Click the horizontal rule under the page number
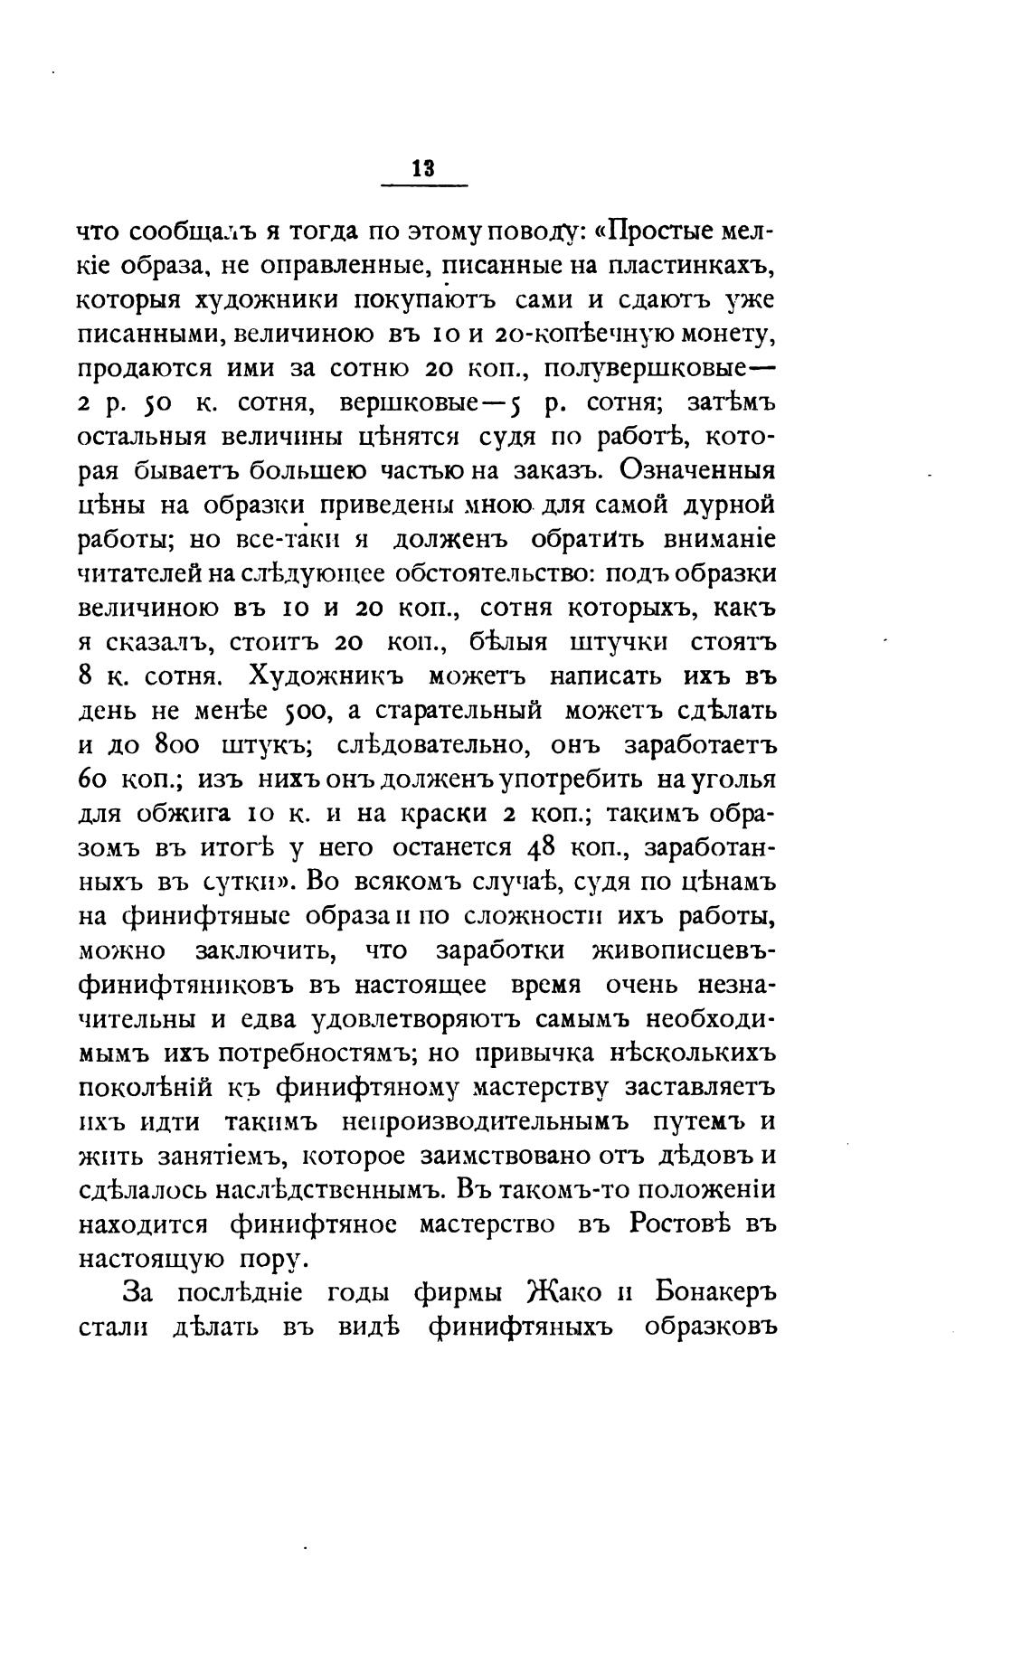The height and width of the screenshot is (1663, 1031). click(424, 186)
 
